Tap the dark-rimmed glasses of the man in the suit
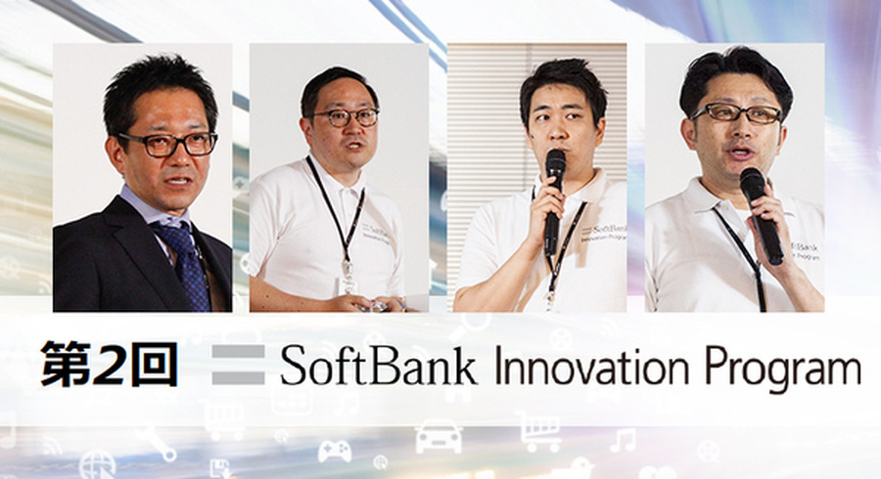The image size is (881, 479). (168, 144)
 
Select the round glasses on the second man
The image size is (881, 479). (345, 117)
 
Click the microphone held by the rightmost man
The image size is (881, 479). (761, 215)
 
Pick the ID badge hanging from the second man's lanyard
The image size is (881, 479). (348, 284)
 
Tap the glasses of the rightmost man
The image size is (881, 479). (737, 113)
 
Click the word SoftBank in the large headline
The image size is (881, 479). (378, 367)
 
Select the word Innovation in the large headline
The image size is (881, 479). (591, 367)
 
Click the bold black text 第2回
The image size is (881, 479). (109, 365)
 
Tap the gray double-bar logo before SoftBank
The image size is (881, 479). (238, 365)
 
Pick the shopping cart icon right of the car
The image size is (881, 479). (539, 431)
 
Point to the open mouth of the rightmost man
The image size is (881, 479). (741, 152)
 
